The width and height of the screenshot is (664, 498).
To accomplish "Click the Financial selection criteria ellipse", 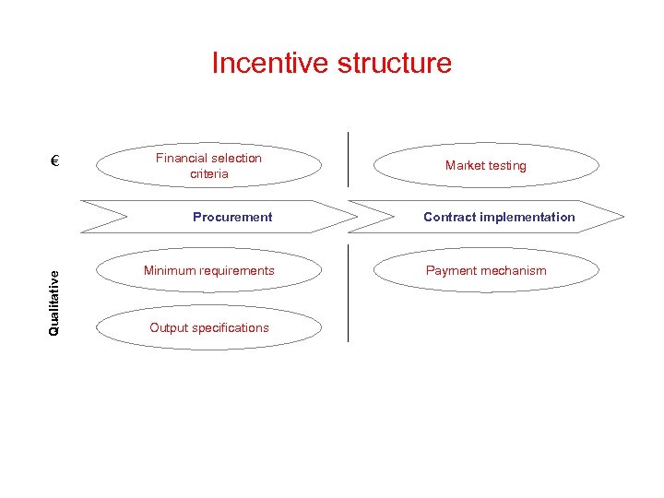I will pyautogui.click(x=208, y=166).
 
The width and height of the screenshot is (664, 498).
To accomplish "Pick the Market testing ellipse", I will pyautogui.click(x=485, y=166).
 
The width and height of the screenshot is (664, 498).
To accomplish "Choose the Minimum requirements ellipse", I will pyautogui.click(x=208, y=271).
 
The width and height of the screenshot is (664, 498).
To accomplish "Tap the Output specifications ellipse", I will pyautogui.click(x=208, y=327).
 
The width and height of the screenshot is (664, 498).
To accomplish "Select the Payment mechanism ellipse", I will pyautogui.click(x=485, y=271).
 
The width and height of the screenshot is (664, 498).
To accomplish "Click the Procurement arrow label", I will pyautogui.click(x=232, y=218).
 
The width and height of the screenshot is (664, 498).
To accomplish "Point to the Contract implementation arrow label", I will pyautogui.click(x=498, y=218).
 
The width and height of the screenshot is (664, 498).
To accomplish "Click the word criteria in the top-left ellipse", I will pyautogui.click(x=209, y=174).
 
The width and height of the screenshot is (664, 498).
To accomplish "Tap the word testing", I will pyautogui.click(x=506, y=166).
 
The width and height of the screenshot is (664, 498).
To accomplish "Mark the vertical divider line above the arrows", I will pyautogui.click(x=349, y=159).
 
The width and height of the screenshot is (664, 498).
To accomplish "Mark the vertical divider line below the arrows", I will pyautogui.click(x=349, y=293).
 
